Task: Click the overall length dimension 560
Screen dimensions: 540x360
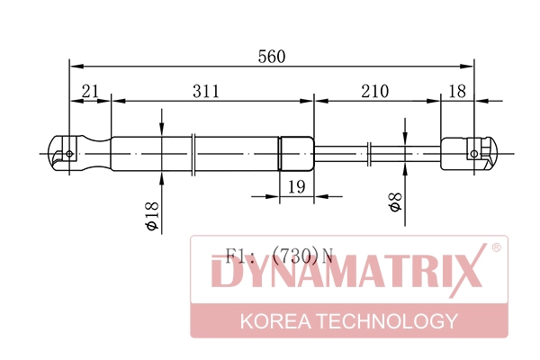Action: [272, 57]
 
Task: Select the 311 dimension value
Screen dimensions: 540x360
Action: [206, 91]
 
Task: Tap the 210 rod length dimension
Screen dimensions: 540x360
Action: [375, 91]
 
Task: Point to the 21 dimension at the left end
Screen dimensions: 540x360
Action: [90, 91]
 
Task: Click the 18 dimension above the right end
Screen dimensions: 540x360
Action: [457, 91]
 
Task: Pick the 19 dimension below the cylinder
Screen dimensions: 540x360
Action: [296, 186]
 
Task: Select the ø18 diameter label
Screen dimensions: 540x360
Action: [152, 216]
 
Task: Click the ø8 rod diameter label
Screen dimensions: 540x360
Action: [395, 202]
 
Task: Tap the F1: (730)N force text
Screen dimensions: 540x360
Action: [279, 256]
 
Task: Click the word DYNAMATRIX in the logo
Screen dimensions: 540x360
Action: [346, 271]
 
